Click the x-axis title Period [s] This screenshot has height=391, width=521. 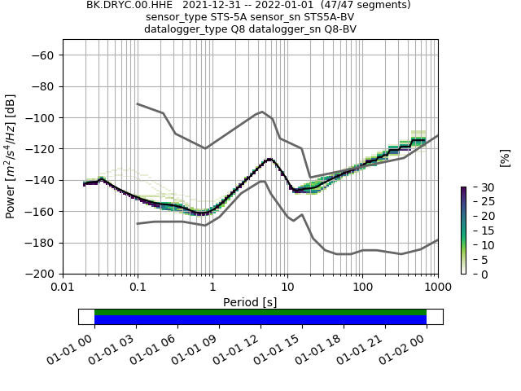(250, 302)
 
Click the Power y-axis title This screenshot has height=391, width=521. (11, 156)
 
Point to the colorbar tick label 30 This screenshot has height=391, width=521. (480, 187)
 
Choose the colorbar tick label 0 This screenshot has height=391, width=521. (477, 274)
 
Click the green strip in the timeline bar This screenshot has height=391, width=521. (260, 312)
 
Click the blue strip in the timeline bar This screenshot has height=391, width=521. (260, 320)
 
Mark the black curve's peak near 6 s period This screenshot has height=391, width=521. (269, 159)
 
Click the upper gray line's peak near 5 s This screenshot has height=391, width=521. (262, 112)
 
